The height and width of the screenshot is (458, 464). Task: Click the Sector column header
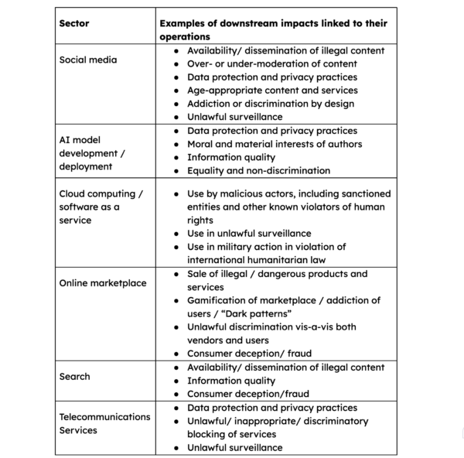coord(74,23)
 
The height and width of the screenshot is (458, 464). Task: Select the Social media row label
coord(88,60)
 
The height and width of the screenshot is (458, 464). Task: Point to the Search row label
coord(75,376)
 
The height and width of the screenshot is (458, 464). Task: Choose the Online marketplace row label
coord(103,282)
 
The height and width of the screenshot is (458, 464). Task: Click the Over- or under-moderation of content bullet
coord(271,63)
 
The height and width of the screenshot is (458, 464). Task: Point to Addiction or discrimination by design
coord(271,103)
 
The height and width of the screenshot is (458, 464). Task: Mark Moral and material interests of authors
coord(274,144)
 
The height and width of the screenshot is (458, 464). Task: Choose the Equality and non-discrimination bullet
coord(258,170)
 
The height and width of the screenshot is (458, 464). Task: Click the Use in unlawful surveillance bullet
coord(249,233)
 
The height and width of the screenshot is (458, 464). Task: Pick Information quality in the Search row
coord(231,381)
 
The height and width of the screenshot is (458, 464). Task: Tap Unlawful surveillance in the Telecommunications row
coord(235,447)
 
